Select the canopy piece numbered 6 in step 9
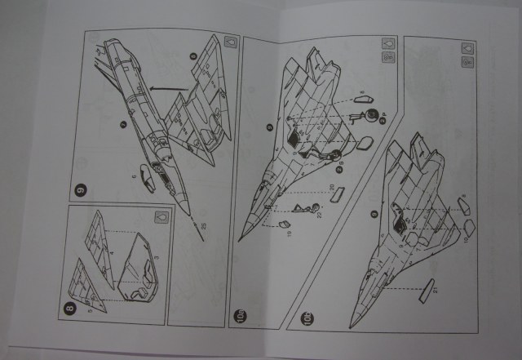point(148,174)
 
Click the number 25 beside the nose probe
point(203,225)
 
